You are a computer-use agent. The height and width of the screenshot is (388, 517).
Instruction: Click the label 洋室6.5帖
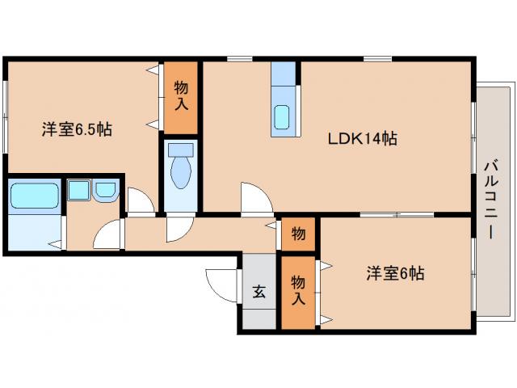click(x=77, y=129)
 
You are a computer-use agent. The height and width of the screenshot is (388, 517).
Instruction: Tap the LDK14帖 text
click(x=362, y=138)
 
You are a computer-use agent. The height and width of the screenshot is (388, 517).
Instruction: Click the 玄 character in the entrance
click(x=259, y=292)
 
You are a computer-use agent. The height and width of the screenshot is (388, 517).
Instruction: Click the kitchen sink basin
click(x=285, y=118)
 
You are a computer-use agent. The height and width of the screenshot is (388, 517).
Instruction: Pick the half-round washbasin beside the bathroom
click(x=106, y=192)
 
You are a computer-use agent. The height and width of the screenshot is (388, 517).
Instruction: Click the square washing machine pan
click(x=79, y=192)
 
